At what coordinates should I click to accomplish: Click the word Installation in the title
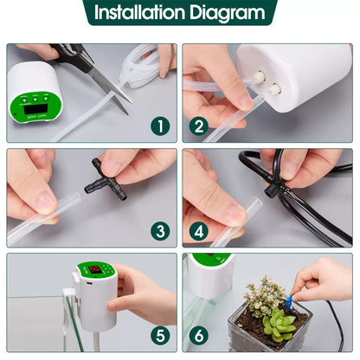(142, 13)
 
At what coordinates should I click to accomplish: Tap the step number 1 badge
(158, 126)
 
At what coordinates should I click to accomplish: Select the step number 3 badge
(158, 231)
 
